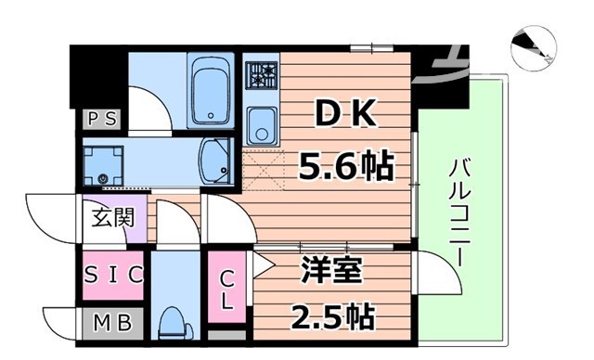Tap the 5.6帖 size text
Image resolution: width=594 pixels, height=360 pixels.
(x=344, y=167)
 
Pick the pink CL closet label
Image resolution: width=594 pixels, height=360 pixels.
(x=226, y=289)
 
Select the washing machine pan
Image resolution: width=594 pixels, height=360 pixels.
(x=102, y=164)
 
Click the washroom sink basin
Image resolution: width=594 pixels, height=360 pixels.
(x=216, y=160)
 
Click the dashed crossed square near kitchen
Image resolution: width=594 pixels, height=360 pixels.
(x=262, y=170)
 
